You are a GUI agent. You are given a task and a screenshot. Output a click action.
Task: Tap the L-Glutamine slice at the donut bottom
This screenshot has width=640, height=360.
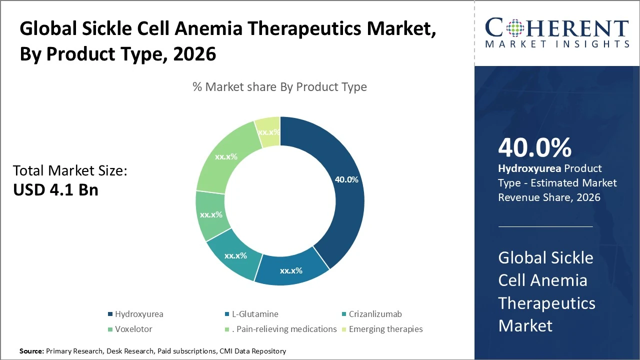point(290,270)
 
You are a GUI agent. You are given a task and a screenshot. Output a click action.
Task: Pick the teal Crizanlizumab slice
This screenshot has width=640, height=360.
point(235,255)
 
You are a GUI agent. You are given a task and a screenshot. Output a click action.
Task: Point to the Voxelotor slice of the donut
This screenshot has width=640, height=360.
point(210,214)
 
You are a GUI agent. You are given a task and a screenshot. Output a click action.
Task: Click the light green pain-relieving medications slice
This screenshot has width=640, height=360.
point(226,156)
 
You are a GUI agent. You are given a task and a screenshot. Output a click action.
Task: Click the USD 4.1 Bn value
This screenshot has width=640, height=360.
point(55,190)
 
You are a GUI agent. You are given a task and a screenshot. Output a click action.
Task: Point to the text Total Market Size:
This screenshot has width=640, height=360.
point(70,171)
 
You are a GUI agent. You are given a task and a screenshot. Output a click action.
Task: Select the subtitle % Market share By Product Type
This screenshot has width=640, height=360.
point(279,87)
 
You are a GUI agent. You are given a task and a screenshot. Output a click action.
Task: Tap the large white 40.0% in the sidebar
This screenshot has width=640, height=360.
point(534,147)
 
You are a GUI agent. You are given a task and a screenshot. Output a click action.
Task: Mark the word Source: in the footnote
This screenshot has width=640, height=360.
point(31,351)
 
